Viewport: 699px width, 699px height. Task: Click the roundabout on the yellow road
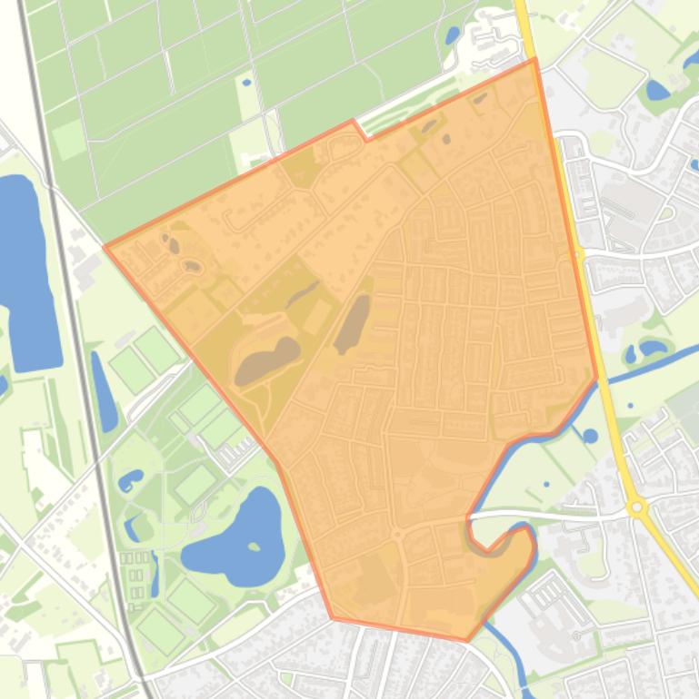tap(637, 507)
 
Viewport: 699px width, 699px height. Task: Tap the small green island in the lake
tap(255, 546)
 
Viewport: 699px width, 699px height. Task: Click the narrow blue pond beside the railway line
tap(105, 390)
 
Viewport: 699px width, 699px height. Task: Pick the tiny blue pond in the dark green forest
tap(245, 82)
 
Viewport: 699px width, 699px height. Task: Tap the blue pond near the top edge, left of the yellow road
tap(452, 35)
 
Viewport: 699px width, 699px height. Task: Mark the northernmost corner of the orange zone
tap(534, 60)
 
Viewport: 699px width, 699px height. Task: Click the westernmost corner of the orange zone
tap(105, 246)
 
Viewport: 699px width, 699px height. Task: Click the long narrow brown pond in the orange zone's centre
tap(353, 323)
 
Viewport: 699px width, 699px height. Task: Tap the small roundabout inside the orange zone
tap(397, 535)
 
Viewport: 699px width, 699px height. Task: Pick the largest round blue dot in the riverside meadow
tap(591, 436)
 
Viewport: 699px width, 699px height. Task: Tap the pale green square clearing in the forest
tap(67, 140)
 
